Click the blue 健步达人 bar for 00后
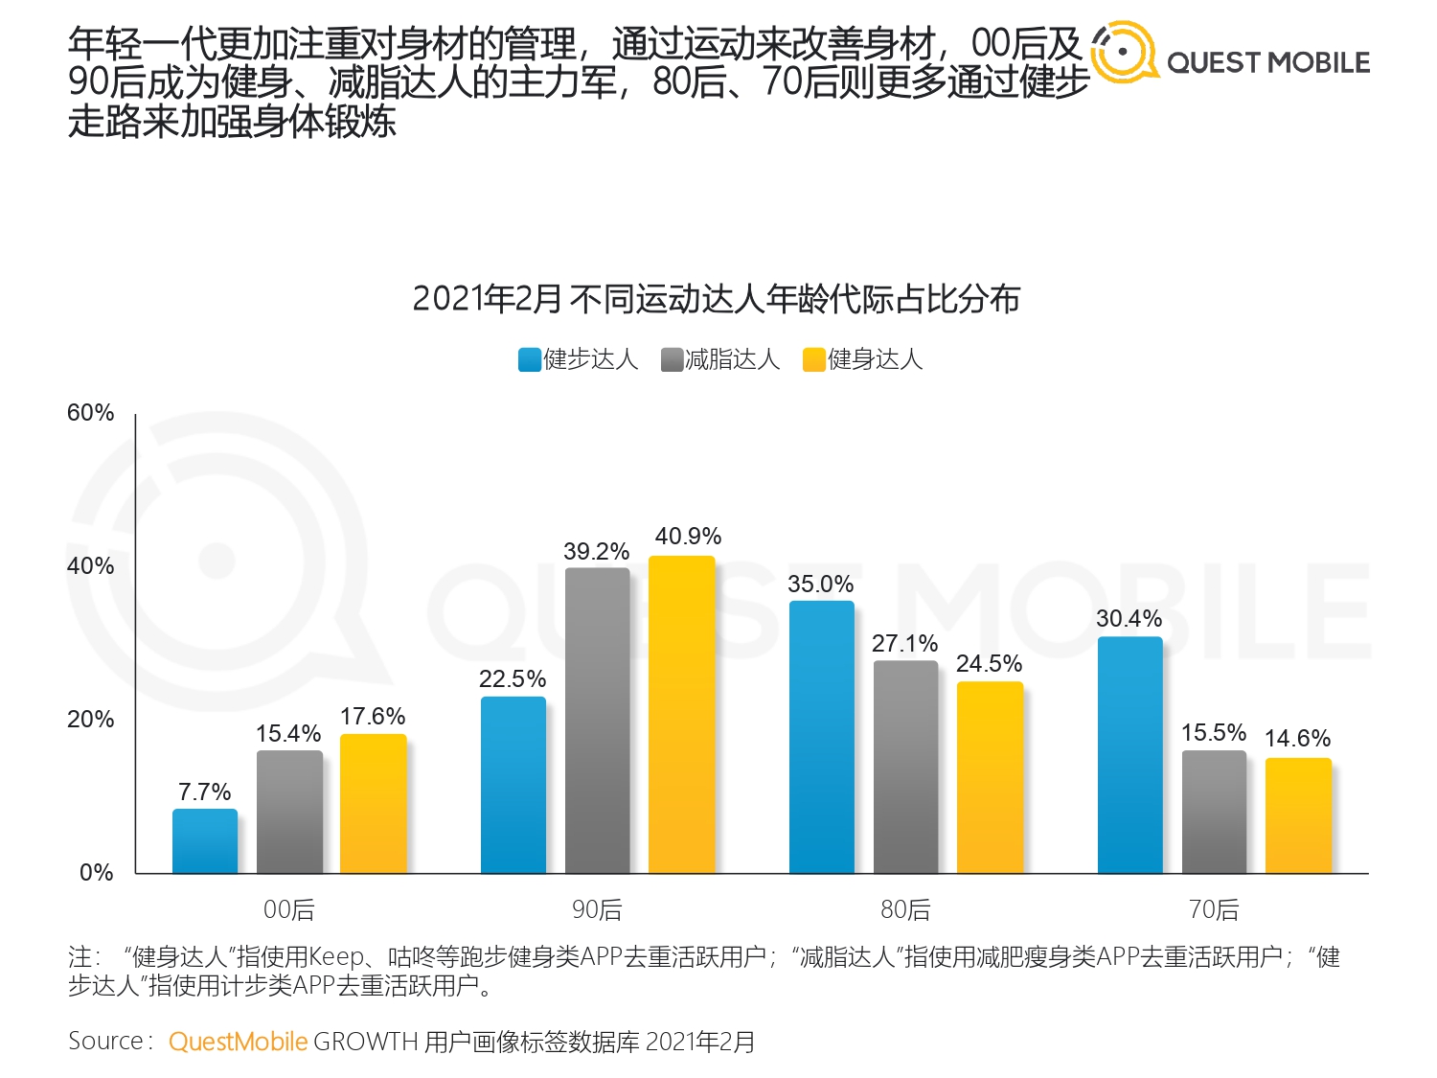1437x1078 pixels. click(x=205, y=840)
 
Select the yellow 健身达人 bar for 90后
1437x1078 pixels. click(x=682, y=714)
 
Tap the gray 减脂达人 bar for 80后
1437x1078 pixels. click(x=905, y=767)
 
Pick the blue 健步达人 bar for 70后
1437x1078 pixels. click(x=1129, y=754)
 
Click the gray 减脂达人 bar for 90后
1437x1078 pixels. click(x=598, y=720)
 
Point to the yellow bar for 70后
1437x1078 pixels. click(x=1298, y=814)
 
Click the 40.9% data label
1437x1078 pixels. click(x=688, y=537)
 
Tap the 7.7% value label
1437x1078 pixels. click(x=205, y=792)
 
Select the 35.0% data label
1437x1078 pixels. click(x=821, y=585)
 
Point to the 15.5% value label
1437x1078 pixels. click(x=1214, y=733)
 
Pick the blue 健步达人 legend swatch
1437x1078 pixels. click(x=529, y=359)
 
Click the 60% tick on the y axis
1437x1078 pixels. click(x=90, y=413)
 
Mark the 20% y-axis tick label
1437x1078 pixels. click(x=90, y=720)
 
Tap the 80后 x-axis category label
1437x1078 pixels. click(x=905, y=909)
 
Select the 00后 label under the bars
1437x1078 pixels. click(x=288, y=909)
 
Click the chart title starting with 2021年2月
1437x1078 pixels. click(x=717, y=299)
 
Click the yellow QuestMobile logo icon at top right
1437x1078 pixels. click(x=1124, y=53)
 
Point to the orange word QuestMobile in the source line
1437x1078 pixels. click(x=238, y=1042)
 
